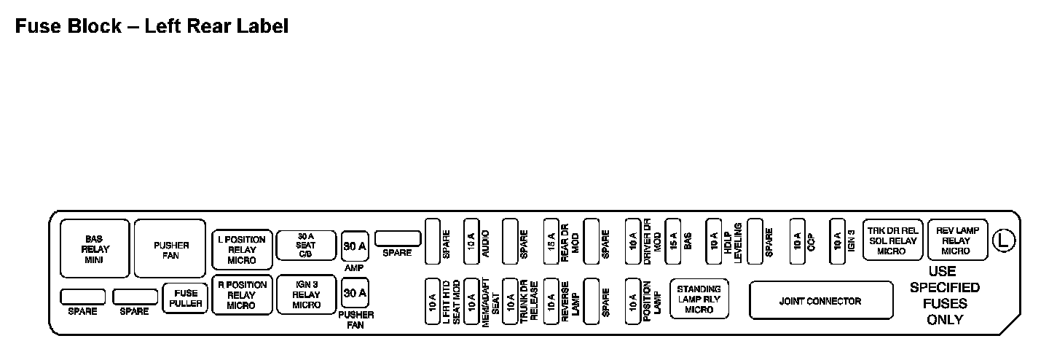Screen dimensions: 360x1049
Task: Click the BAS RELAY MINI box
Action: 95,249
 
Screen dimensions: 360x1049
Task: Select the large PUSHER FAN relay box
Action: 171,249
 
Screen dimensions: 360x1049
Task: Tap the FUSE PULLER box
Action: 186,298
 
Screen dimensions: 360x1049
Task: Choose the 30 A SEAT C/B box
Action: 306,246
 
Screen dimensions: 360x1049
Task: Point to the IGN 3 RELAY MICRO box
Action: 306,294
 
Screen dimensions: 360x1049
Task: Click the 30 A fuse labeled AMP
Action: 355,246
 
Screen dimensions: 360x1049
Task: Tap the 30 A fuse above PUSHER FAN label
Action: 355,293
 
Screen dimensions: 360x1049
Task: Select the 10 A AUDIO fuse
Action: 471,240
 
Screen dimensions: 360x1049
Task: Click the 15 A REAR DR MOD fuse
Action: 551,240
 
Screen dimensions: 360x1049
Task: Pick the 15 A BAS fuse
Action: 672,240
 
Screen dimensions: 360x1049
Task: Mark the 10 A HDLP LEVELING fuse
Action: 714,240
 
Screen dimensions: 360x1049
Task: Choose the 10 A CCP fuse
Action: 797,240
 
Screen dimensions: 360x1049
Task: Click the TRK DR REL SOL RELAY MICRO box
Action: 892,240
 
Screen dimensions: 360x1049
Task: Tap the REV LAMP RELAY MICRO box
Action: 956,240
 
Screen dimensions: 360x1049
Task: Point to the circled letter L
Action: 1005,240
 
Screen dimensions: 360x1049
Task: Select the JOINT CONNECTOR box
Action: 821,300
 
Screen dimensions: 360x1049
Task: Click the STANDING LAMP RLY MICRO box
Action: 699,300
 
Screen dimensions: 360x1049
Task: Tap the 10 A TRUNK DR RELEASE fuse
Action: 511,300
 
